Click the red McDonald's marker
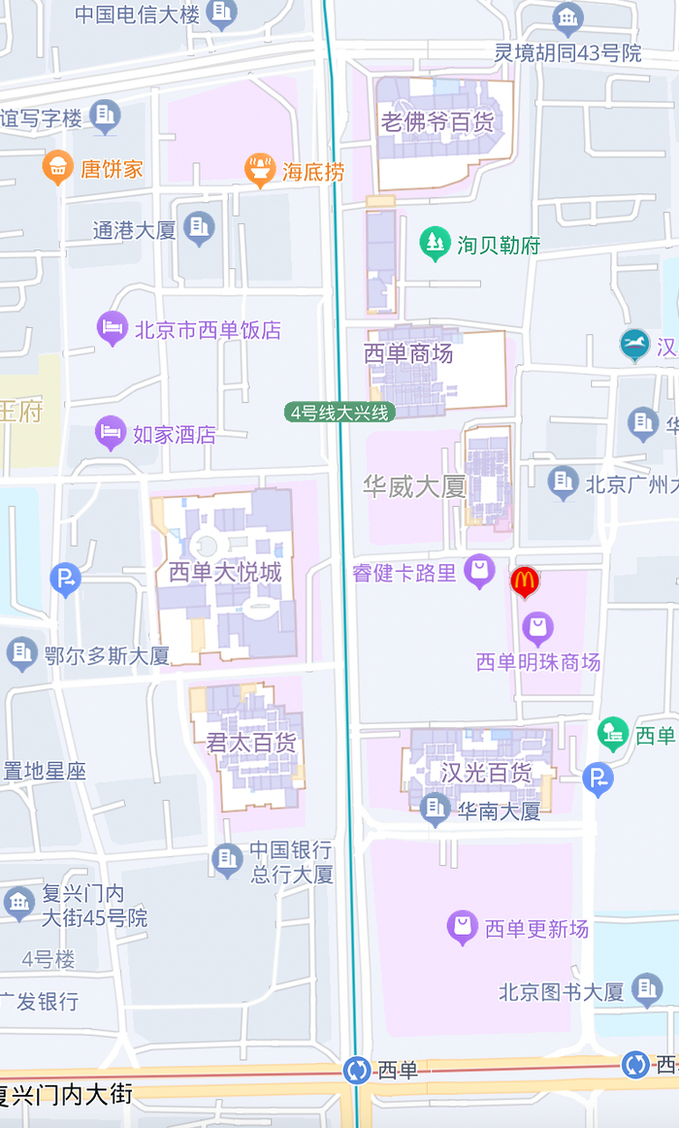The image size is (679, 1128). (x=525, y=581)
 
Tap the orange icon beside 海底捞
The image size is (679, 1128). (x=259, y=171)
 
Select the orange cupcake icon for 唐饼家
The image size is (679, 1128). (x=58, y=168)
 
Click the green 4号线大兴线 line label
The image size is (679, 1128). (x=340, y=413)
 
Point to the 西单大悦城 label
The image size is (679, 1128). (x=225, y=572)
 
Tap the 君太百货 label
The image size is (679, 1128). (x=251, y=744)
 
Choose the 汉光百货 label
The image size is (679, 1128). (x=486, y=773)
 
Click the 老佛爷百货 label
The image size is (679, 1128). (x=437, y=122)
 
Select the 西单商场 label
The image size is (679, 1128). (x=408, y=353)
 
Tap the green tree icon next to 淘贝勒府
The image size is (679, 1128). (x=435, y=243)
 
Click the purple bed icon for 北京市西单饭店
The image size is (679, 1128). (x=113, y=328)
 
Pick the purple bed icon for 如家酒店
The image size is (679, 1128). (x=111, y=433)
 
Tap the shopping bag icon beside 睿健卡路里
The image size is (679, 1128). (x=479, y=571)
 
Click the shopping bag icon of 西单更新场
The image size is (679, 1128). (x=463, y=928)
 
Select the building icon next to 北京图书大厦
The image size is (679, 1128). (x=647, y=990)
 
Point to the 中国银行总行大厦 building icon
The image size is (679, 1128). (x=228, y=859)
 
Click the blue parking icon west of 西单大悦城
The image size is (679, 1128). (x=65, y=580)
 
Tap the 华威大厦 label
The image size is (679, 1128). (x=414, y=486)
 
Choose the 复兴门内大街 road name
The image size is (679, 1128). (x=66, y=1095)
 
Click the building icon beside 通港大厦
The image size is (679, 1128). (x=199, y=228)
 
